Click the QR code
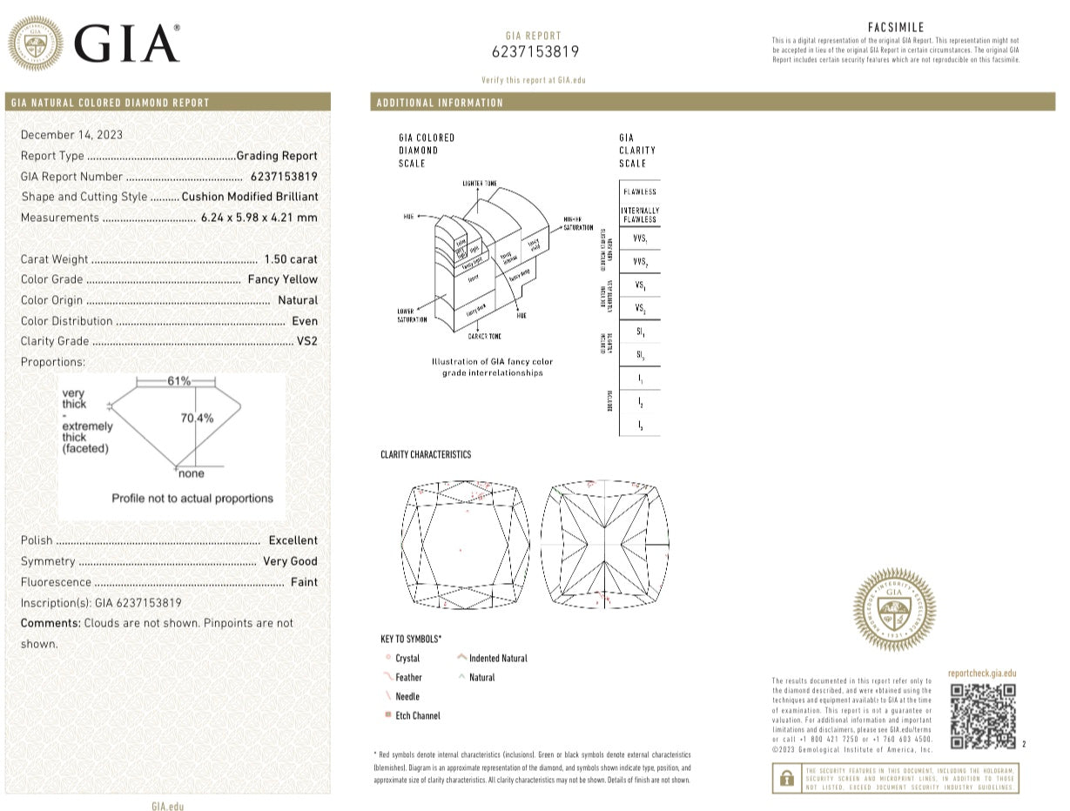983,715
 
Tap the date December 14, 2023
71,135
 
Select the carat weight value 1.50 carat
291,259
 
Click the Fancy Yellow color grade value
282,279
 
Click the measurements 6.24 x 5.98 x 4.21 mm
259,218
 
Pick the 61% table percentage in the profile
179,381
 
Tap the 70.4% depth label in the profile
197,419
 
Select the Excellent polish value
293,540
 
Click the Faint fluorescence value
304,582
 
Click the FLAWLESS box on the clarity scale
640,191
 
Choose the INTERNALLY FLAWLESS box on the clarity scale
640,215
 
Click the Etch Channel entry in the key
417,715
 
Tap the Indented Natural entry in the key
497,658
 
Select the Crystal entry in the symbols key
407,659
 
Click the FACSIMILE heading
896,28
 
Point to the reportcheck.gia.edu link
981,674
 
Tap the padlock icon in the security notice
786,777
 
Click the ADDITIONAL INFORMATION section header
440,103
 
